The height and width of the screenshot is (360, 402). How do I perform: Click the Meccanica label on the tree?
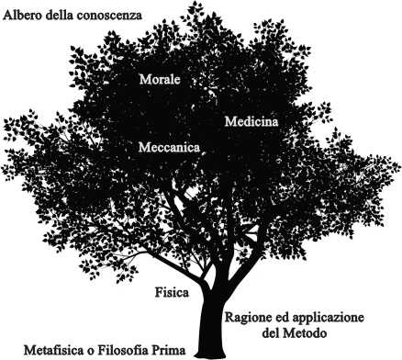tap(170, 146)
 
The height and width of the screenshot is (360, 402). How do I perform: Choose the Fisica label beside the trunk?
tap(173, 293)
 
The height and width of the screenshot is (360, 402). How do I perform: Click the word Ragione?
tap(250, 316)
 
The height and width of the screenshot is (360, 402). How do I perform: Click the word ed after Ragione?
tap(288, 316)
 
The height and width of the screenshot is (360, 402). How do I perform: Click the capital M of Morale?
tap(143, 80)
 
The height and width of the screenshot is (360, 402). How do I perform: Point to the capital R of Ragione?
tap(229, 316)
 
